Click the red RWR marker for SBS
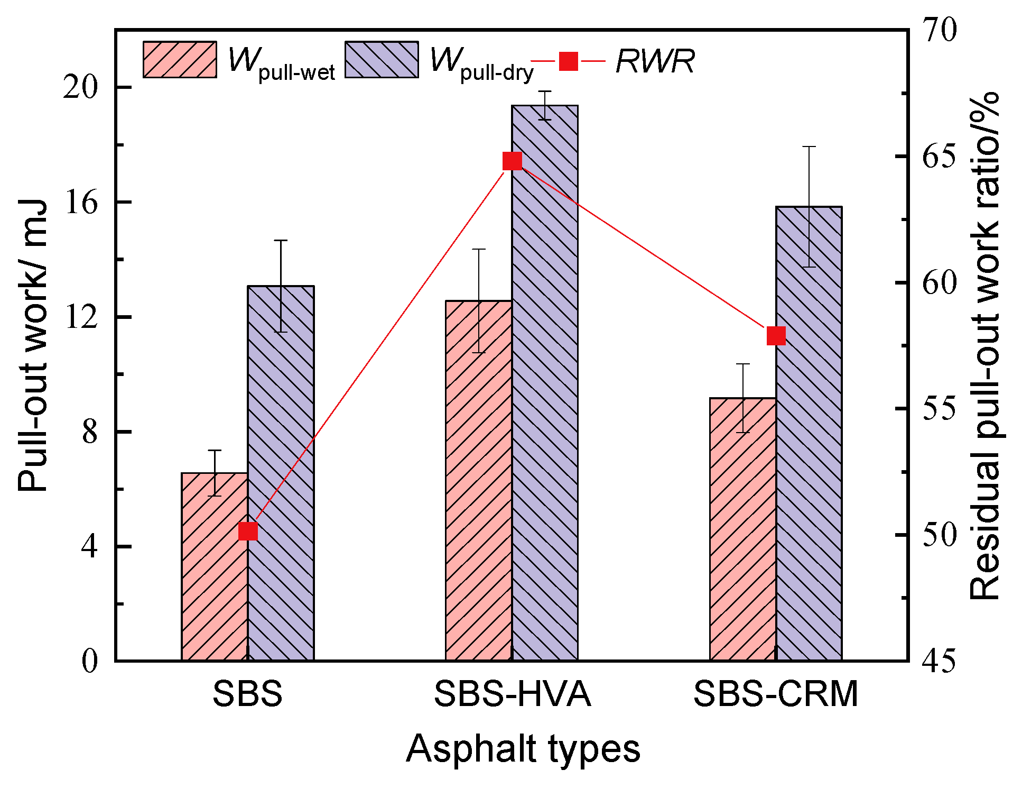pos(248,531)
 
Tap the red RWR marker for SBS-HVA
pos(512,161)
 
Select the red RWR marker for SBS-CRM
pos(776,335)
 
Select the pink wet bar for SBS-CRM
pos(742,529)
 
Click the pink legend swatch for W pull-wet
pos(180,60)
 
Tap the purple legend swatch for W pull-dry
pos(382,60)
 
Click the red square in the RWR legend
pos(568,61)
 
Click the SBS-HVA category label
pos(512,694)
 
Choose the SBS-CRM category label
pos(775,694)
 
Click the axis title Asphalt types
pos(523,749)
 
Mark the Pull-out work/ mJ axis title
pos(33,346)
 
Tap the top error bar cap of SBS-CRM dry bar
pos(809,146)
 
